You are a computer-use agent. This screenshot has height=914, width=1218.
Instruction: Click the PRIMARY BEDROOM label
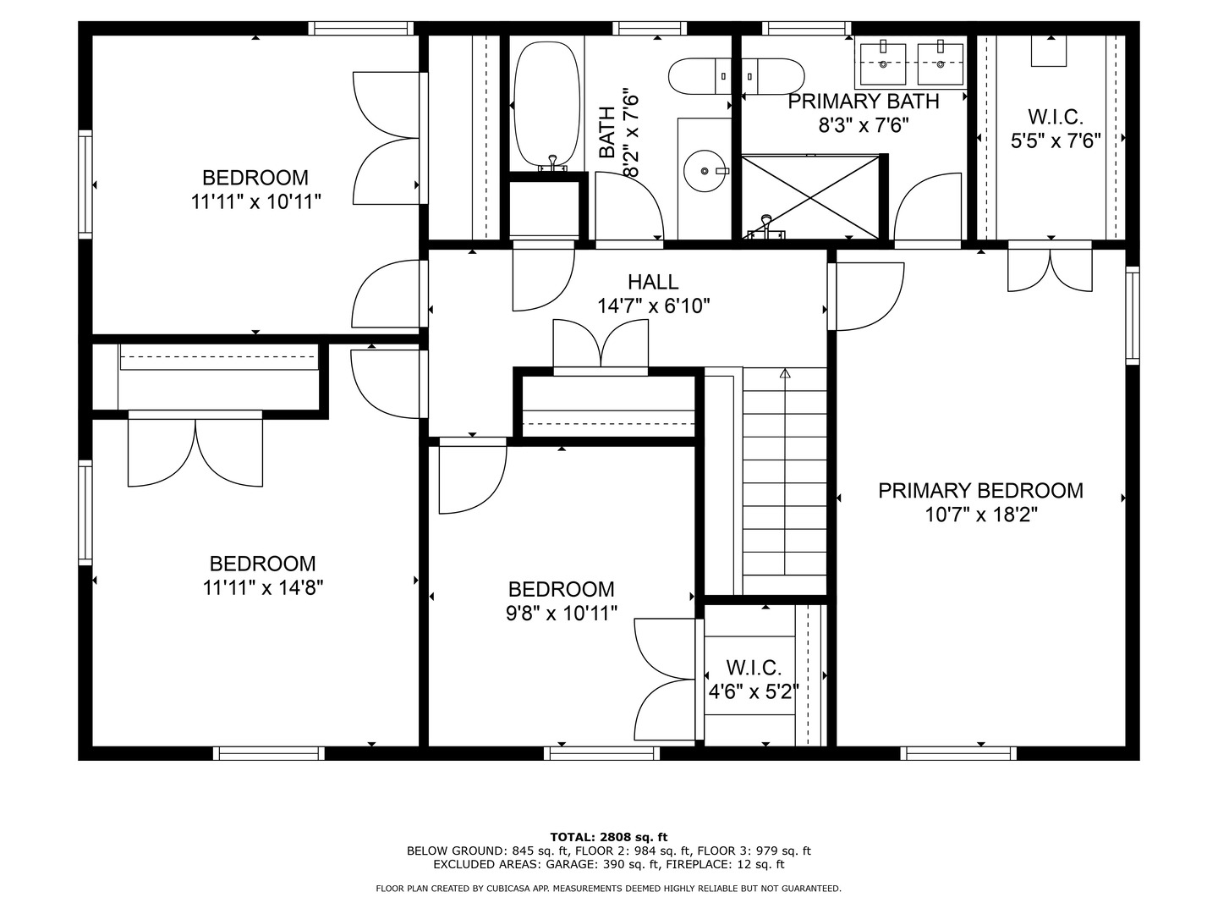[x=980, y=491]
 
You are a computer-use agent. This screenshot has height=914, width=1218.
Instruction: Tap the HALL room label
[x=653, y=282]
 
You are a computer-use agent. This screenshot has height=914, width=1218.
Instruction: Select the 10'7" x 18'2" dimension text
[x=981, y=515]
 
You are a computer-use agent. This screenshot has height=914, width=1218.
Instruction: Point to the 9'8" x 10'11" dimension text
[x=562, y=614]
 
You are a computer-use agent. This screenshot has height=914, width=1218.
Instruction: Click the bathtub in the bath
[x=546, y=106]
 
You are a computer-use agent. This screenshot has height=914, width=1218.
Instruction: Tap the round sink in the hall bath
[x=704, y=171]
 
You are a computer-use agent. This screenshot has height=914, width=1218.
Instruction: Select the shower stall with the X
[x=810, y=197]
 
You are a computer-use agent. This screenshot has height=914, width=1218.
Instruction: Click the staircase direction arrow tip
[x=785, y=370]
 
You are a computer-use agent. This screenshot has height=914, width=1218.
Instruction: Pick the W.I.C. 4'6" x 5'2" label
[x=754, y=680]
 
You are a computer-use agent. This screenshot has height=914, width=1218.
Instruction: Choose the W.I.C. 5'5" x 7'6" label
[x=1056, y=129]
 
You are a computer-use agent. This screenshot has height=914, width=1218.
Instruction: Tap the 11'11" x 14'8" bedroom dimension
[x=263, y=587]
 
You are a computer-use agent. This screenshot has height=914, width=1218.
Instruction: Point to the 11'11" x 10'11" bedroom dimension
[x=256, y=201]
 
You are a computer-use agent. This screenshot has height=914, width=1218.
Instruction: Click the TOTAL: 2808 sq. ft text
[x=609, y=837]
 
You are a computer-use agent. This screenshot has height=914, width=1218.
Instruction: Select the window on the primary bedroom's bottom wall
[x=958, y=753]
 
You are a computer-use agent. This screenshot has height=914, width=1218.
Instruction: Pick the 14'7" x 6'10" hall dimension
[x=654, y=306]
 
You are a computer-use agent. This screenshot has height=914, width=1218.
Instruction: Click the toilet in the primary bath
[x=773, y=76]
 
